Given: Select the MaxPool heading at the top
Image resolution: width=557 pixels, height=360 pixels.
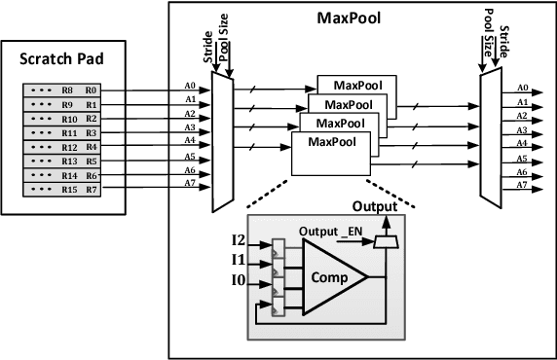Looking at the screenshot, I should click(350, 18).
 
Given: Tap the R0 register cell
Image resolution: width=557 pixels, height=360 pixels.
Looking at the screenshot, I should click(91, 90).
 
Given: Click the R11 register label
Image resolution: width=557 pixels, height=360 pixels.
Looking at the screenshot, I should click(68, 131).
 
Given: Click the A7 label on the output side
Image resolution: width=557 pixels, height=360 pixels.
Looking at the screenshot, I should click(523, 184).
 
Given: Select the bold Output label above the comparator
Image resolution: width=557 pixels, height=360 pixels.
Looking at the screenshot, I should click(374, 207).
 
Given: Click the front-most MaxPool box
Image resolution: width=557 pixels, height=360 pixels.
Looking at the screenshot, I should click(331, 152).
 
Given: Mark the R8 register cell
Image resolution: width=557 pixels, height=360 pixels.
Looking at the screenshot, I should click(68, 90).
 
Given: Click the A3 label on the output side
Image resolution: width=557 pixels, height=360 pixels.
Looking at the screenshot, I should click(523, 129).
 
